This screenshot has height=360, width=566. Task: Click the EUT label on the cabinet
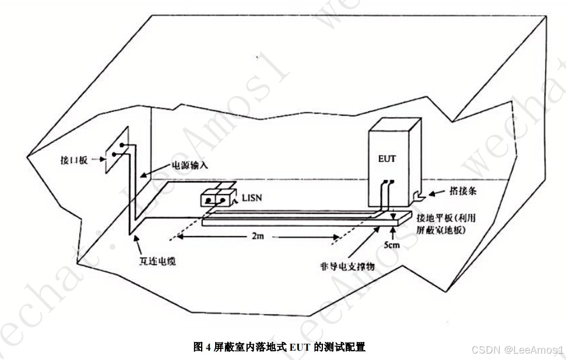387,158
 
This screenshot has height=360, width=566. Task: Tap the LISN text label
252,199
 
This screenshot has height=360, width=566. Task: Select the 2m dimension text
258,238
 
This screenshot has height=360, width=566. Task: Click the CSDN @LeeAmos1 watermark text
516,350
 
